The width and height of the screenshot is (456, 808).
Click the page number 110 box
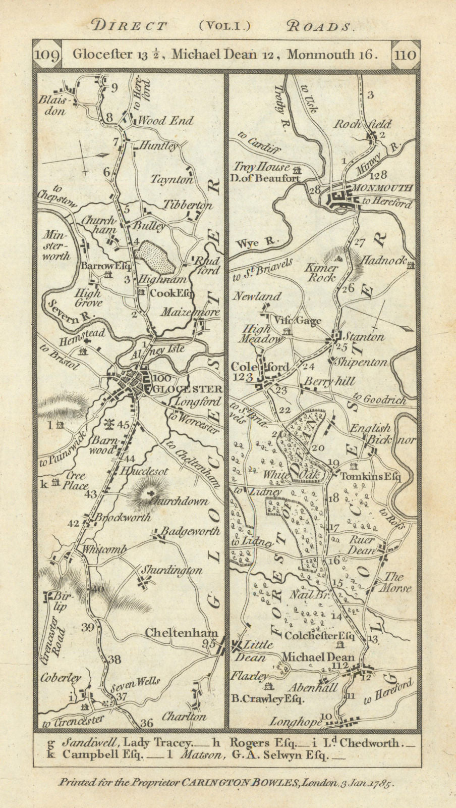coord(407,54)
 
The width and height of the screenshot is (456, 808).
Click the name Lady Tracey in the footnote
coord(163,743)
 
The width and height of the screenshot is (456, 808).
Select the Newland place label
coord(256,297)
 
